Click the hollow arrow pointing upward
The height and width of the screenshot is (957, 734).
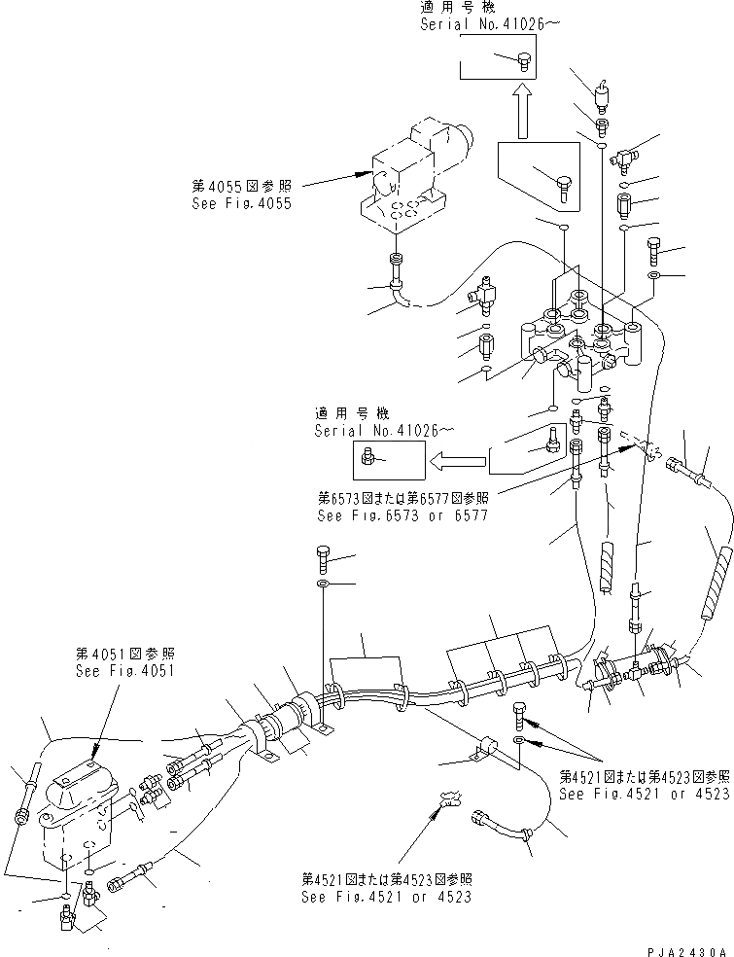[523, 110]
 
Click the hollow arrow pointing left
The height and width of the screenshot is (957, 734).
[457, 457]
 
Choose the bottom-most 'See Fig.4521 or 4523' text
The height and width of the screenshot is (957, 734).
[386, 895]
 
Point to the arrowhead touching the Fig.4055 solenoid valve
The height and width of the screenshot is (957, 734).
[363, 176]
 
